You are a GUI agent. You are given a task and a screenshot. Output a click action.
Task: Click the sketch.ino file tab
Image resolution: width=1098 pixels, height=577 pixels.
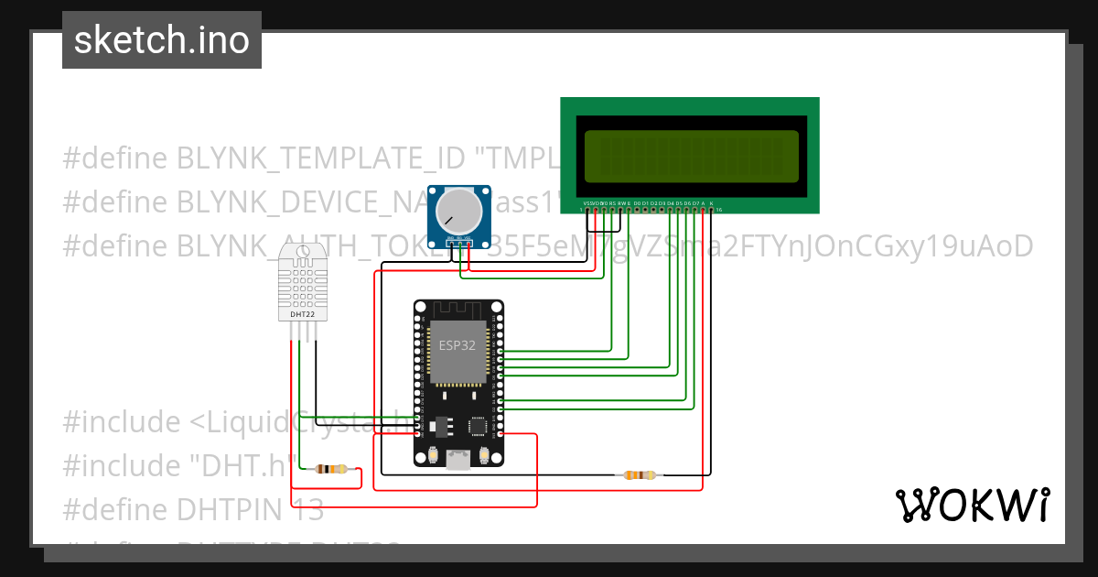(x=162, y=40)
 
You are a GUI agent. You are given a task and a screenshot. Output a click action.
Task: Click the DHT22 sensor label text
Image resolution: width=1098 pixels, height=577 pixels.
(x=302, y=314)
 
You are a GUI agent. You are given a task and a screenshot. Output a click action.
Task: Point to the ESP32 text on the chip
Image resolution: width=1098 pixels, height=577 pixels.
(x=457, y=346)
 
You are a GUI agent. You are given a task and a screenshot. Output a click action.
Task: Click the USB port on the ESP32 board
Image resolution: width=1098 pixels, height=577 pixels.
(x=457, y=461)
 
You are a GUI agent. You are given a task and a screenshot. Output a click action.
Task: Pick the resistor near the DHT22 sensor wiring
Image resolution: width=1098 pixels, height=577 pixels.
(x=330, y=470)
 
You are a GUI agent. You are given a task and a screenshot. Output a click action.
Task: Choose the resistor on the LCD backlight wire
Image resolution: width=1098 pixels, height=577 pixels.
(x=640, y=474)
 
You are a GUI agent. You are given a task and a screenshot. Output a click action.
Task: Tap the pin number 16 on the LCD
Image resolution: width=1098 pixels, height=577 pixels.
(x=719, y=210)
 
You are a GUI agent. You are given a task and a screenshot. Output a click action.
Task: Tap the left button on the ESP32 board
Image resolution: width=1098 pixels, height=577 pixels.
(x=433, y=455)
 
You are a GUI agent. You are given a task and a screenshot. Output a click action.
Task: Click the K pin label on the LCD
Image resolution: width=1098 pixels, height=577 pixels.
(x=711, y=202)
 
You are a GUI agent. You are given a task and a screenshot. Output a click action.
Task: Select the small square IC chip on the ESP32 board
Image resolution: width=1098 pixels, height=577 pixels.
(x=478, y=425)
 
